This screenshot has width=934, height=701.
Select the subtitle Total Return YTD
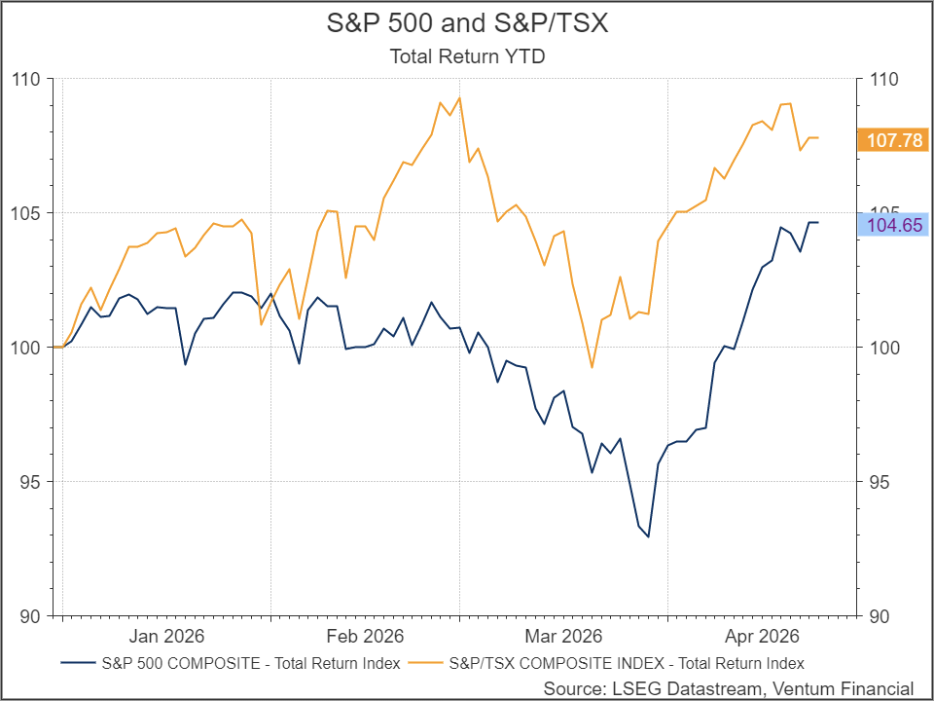[467, 56]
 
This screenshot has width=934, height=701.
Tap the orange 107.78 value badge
[894, 141]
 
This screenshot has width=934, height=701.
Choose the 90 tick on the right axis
[879, 616]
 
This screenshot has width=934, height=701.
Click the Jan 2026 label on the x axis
[167, 637]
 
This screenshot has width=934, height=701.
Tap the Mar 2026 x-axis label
[562, 637]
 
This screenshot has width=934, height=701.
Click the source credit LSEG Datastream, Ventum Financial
[729, 688]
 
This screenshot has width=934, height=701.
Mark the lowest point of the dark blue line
[649, 536]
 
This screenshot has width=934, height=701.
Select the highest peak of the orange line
[459, 97]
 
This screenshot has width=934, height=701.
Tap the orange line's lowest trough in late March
[592, 367]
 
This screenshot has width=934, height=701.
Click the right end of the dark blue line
[817, 223]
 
